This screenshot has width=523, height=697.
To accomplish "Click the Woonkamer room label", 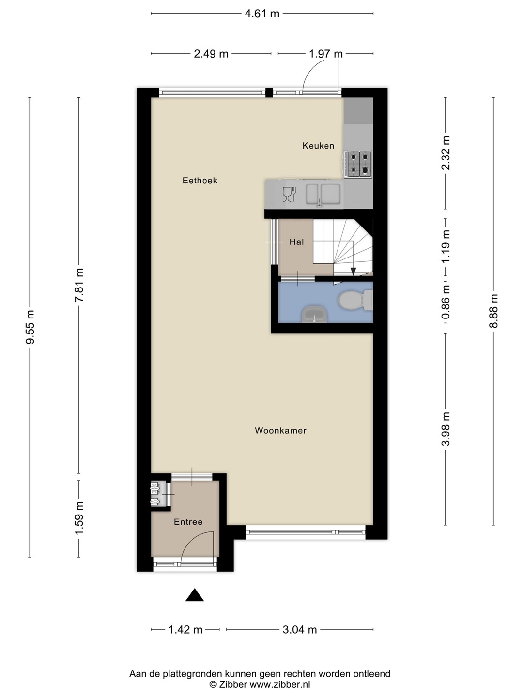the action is pyautogui.click(x=280, y=431).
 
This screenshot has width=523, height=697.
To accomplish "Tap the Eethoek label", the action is pyautogui.click(x=200, y=181).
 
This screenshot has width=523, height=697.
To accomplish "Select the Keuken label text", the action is pyautogui.click(x=318, y=146).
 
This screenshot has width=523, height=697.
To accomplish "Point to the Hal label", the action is pyautogui.click(x=296, y=242).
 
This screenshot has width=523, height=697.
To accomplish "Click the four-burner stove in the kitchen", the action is pyautogui.click(x=358, y=164).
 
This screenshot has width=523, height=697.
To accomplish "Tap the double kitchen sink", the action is pyautogui.click(x=323, y=194).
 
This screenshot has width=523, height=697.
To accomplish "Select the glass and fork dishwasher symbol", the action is pyautogui.click(x=289, y=194).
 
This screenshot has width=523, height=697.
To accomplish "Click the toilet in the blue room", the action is pyautogui.click(x=355, y=300).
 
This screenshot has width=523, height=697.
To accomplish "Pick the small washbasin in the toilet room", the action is pyautogui.click(x=314, y=314).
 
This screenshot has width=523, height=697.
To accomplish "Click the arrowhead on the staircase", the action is pyautogui.click(x=353, y=272).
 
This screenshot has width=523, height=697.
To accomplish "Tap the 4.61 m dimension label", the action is pyautogui.click(x=262, y=14).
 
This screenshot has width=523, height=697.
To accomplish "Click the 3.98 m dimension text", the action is pyautogui.click(x=446, y=429).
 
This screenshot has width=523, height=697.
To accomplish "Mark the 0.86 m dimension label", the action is pyautogui.click(x=446, y=302).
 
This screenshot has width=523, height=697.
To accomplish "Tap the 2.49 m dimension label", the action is pyautogui.click(x=211, y=54).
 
